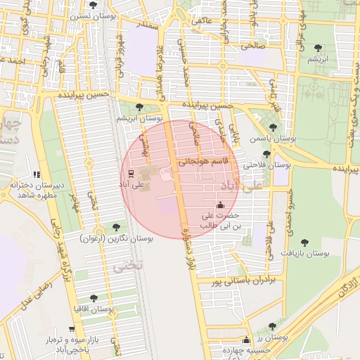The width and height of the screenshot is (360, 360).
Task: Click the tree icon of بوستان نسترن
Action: (x=94, y=5)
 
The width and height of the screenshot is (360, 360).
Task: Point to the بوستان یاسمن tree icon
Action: (x=273, y=127)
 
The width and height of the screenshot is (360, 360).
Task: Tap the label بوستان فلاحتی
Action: (x=267, y=165)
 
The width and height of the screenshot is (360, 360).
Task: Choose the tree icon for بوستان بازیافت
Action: (x=304, y=242)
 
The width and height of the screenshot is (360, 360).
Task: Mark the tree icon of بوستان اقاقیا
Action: (x=94, y=298)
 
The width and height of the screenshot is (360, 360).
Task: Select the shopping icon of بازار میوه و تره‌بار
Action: (x=70, y=329)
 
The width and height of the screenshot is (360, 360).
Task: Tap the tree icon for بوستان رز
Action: (x=272, y=326)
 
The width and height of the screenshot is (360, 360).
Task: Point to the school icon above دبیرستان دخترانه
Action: (x=37, y=174)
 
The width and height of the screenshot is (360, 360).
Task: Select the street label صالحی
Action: (x=250, y=45)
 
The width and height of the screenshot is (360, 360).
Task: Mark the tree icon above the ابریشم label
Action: (x=319, y=48)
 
